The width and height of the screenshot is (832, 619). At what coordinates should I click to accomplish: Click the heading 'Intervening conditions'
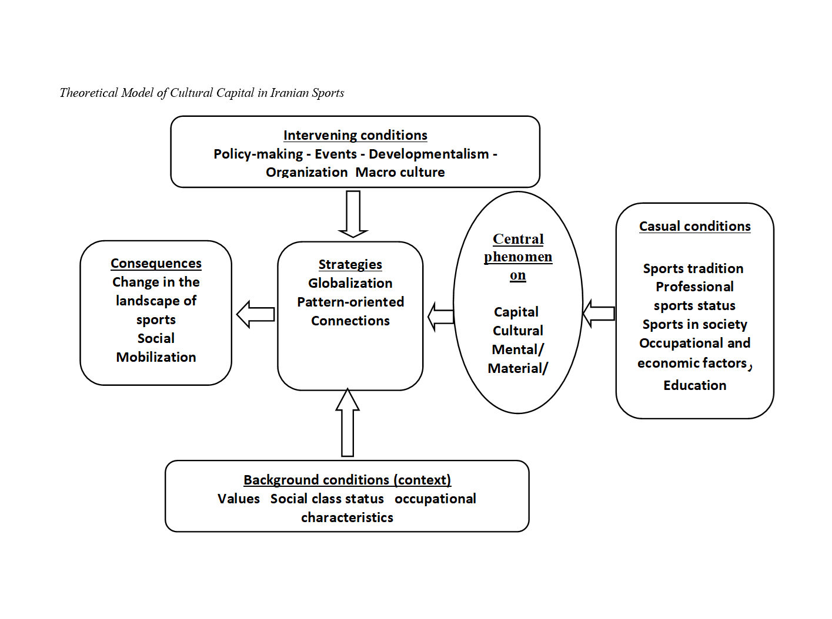coord(355,135)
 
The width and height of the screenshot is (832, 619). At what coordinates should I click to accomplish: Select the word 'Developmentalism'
coord(429,154)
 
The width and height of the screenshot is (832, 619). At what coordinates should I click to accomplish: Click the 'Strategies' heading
coord(350,264)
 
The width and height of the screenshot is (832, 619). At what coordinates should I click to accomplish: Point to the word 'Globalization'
coord(350,283)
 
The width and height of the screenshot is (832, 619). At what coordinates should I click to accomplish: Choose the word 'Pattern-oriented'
coord(350,302)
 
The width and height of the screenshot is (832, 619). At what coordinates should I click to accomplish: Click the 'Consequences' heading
coord(156,263)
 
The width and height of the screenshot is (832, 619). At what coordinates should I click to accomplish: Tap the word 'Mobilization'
coord(156,357)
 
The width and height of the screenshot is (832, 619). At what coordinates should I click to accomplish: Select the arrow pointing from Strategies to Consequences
coord(255,314)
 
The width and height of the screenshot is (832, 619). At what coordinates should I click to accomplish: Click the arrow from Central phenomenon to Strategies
coord(440,317)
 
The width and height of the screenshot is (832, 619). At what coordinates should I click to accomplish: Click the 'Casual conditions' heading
coord(694,226)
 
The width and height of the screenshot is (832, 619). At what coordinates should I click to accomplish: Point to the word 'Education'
coord(694,385)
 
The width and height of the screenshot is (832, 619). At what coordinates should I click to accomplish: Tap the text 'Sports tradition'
coord(693,268)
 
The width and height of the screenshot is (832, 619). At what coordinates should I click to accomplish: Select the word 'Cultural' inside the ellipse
coord(517,331)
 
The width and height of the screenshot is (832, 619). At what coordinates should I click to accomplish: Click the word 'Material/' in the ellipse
coord(517,368)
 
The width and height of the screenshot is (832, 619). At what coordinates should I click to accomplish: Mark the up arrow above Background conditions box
coord(347,423)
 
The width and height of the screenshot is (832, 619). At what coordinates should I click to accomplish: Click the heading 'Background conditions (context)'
coord(347,480)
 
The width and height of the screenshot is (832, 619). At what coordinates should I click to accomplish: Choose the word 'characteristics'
coord(347,517)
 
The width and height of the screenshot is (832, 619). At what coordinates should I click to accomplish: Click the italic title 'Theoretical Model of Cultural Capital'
coord(202,93)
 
